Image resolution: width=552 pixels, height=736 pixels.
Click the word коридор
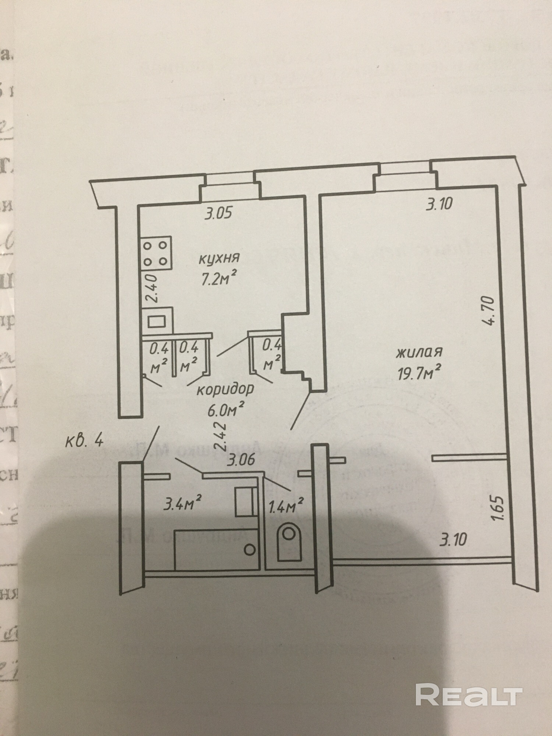click(x=225, y=389)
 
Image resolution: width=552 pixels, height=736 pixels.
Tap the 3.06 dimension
click(x=241, y=460)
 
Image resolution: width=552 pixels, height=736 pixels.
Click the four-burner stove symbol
click(x=155, y=253)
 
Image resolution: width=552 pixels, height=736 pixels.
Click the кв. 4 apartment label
click(x=84, y=440)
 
